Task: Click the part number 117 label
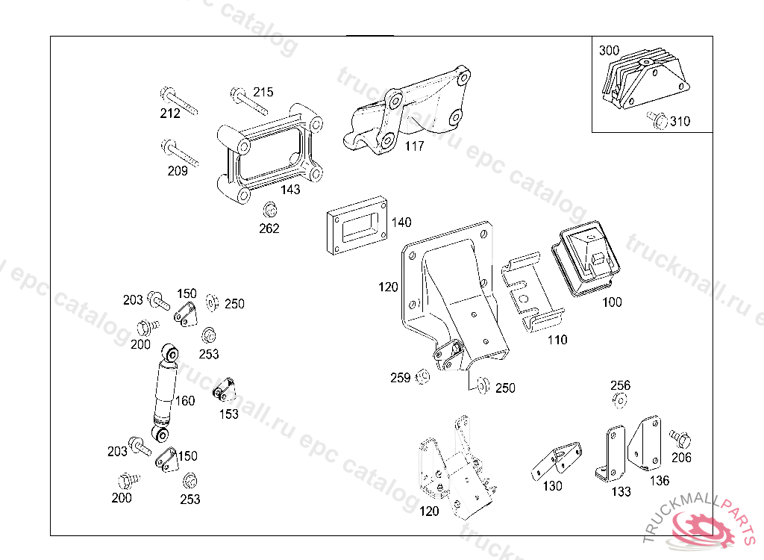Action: click(x=414, y=146)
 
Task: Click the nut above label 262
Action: click(x=269, y=210)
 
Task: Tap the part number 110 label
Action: click(x=557, y=340)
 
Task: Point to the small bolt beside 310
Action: click(x=657, y=119)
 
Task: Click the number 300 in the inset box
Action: click(x=609, y=51)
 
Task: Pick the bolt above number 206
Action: click(x=680, y=436)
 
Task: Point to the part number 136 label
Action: click(x=659, y=482)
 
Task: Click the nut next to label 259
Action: click(x=421, y=376)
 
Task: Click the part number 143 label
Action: click(x=290, y=190)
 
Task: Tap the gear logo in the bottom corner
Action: click(x=705, y=528)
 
